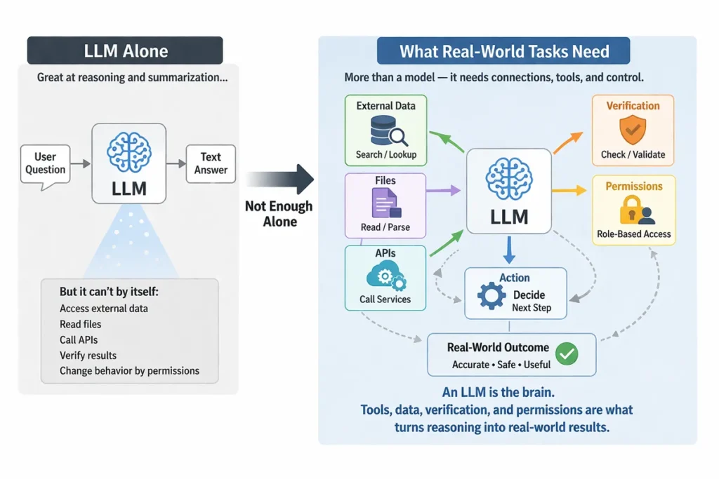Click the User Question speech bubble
pyautogui.click(x=46, y=163)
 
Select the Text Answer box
pyautogui.click(x=211, y=163)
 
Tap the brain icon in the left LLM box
pyautogui.click(x=128, y=151)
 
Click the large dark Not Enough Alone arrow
pyautogui.click(x=280, y=180)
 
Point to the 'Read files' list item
pyautogui.click(x=81, y=324)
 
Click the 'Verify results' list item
pyautogui.click(x=88, y=355)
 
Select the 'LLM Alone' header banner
pyautogui.click(x=125, y=51)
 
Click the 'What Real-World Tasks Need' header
pyautogui.click(x=503, y=51)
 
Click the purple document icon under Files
pyautogui.click(x=385, y=203)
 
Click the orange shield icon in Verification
pyautogui.click(x=633, y=131)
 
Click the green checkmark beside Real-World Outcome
pyautogui.click(x=567, y=353)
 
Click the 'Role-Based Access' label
pyautogui.click(x=634, y=234)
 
